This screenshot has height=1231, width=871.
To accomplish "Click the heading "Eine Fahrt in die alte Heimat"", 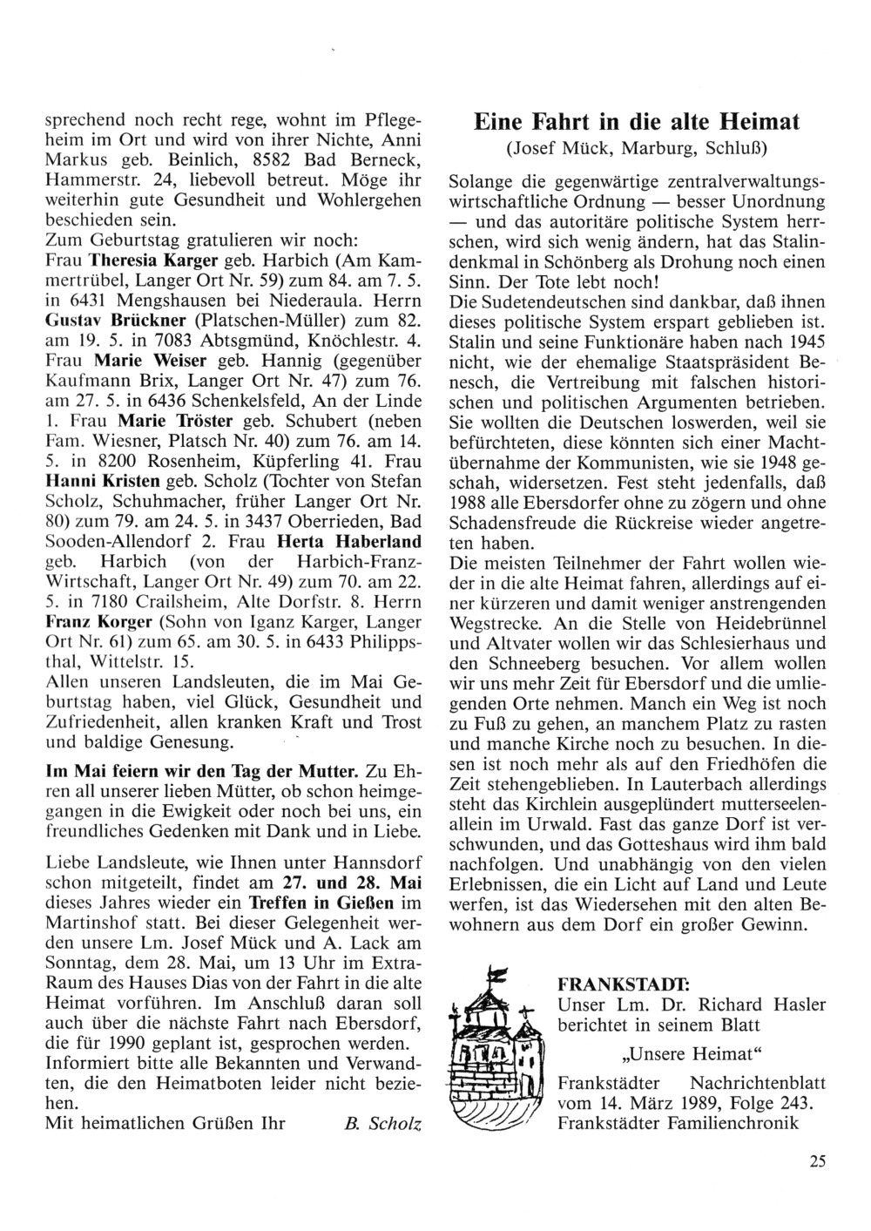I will tap(636, 121).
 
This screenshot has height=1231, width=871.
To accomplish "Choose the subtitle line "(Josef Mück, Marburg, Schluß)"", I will tap(637, 149).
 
